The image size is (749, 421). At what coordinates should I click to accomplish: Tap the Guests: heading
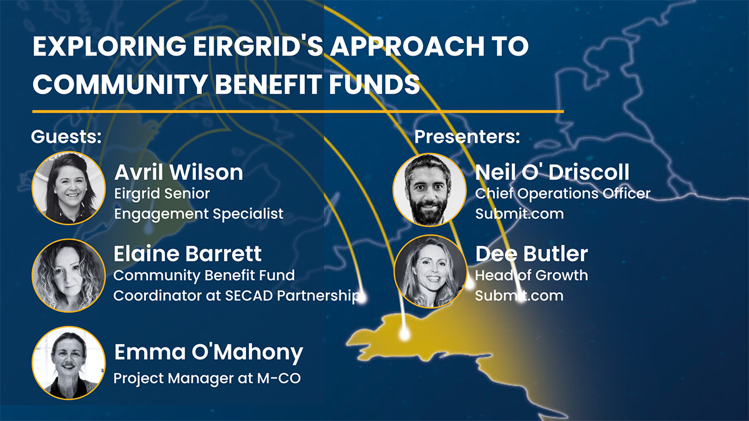click(66, 137)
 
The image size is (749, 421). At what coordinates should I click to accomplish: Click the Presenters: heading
click(467, 137)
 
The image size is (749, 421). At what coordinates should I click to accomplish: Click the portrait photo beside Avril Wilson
click(69, 188)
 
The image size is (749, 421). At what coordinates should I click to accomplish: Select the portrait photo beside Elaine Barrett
click(69, 275)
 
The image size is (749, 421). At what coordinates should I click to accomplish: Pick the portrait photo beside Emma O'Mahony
click(69, 362)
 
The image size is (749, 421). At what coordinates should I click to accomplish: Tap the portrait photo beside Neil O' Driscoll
click(429, 190)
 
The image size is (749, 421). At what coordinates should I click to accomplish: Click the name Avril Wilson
click(179, 172)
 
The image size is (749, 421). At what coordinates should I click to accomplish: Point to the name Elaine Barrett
click(187, 254)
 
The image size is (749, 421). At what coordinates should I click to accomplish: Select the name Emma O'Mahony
click(208, 353)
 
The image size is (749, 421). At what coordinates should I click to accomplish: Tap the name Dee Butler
click(531, 254)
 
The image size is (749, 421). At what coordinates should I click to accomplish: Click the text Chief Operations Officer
click(562, 193)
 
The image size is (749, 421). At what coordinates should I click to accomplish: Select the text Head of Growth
click(531, 275)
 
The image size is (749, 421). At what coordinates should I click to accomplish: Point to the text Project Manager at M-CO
click(207, 378)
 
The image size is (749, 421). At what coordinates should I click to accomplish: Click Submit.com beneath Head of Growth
click(519, 296)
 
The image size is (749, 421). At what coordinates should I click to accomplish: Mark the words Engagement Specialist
click(198, 214)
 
